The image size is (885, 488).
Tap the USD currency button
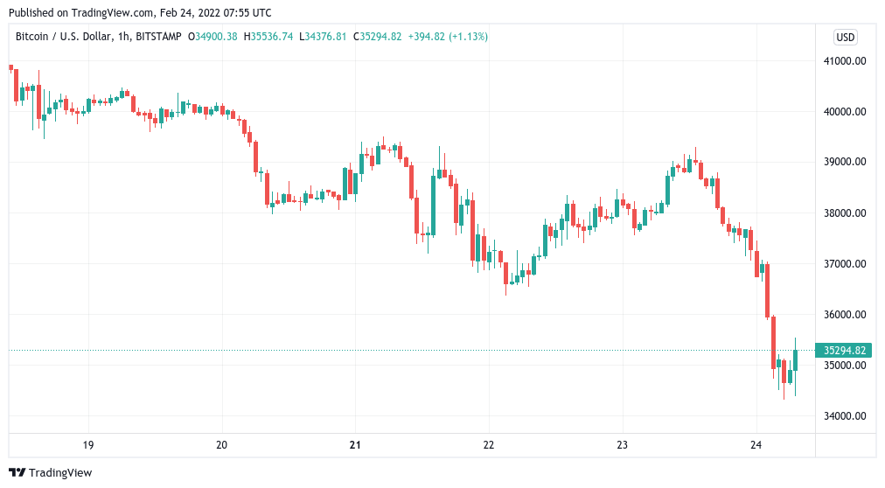(x=846, y=38)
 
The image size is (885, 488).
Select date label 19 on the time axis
(x=88, y=445)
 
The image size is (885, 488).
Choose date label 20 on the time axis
(x=221, y=445)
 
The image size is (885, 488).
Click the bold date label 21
(x=355, y=445)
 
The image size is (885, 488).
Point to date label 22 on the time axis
(x=489, y=445)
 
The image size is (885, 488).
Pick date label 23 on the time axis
(x=623, y=445)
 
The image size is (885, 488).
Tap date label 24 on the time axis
(x=756, y=445)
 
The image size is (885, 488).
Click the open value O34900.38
(x=215, y=37)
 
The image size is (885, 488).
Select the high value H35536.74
(x=269, y=37)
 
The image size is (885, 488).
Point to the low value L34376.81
(x=323, y=37)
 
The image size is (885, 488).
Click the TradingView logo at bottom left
(x=50, y=473)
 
